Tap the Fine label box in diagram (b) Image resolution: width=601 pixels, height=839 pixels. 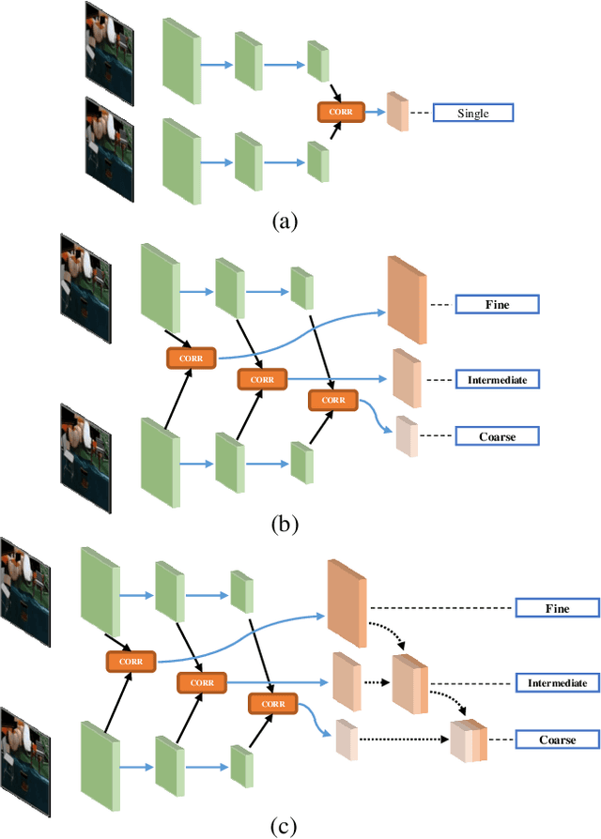tap(497, 304)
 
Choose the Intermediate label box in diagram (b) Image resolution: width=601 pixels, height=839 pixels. tap(497, 380)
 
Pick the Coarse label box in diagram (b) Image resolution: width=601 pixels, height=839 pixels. tap(497, 436)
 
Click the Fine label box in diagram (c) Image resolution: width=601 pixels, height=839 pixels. tap(557, 608)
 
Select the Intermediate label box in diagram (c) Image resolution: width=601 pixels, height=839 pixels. tap(557, 683)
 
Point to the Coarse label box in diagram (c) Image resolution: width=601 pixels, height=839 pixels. tap(557, 740)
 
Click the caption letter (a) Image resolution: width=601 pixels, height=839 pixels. tap(285, 221)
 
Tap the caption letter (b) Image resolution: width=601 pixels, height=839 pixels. tap(285, 523)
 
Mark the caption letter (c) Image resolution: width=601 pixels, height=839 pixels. tap(285, 826)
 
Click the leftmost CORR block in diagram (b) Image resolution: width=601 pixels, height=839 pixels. tap(192, 358)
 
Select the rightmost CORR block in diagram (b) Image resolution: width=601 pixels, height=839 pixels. tap(333, 400)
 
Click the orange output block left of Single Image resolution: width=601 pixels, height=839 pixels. tap(398, 113)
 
